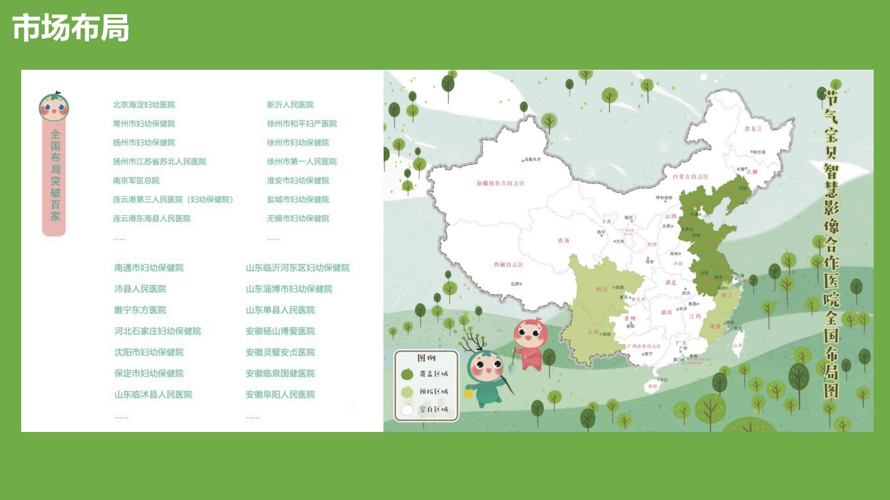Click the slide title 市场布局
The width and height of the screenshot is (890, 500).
pos(71,28)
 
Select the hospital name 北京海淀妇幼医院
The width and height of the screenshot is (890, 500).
pos(144,105)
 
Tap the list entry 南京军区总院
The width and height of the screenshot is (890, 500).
pos(136,181)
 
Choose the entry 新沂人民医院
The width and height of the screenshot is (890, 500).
pos(290,105)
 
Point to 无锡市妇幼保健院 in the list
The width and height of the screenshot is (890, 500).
pos(298,218)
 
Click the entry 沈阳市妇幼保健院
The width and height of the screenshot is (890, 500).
pos(149,352)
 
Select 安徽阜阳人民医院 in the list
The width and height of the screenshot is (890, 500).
pos(280,394)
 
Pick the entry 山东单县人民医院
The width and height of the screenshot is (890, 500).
pos(280,310)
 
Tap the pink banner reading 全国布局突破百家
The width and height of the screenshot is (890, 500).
pos(55,176)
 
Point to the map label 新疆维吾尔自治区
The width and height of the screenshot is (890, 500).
pos(500,183)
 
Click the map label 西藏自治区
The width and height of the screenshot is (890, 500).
pos(508,265)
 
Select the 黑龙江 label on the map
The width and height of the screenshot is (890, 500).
pos(753,129)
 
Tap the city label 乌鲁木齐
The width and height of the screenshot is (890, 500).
pos(532,160)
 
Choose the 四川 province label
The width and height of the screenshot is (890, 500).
pos(601,289)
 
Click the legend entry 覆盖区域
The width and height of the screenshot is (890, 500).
pos(433,374)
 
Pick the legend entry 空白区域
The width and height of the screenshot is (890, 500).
pos(433,409)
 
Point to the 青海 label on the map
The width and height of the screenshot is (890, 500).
pos(563,241)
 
